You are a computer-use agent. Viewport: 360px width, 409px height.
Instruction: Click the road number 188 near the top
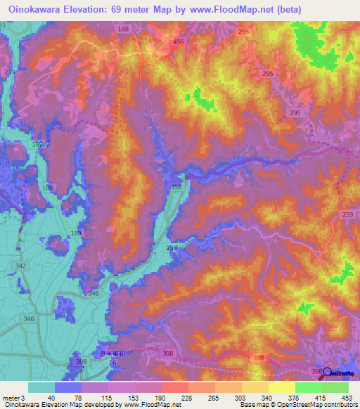point(124,29)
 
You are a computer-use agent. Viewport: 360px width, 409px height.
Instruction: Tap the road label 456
point(179,43)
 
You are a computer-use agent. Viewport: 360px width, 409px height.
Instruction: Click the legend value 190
point(161,398)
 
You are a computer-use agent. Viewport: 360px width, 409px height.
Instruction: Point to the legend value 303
point(240,398)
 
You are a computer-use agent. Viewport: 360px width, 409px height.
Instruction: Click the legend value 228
point(187,398)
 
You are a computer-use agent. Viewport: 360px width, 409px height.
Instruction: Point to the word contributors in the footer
point(334,405)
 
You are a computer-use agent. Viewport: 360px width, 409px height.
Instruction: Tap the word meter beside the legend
point(11,398)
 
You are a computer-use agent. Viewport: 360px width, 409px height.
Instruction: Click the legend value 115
point(108,398)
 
